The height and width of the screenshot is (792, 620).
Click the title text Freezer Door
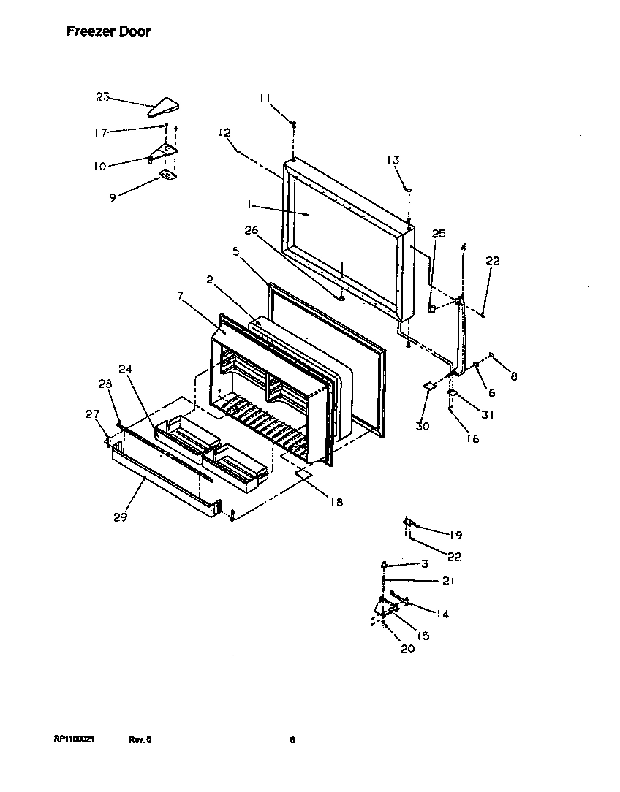(109, 31)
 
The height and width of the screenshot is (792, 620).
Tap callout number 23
(103, 96)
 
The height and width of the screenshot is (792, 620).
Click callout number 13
(393, 161)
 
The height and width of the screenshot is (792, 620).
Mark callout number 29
(121, 517)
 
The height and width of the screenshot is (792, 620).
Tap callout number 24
(125, 369)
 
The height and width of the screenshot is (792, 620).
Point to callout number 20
(407, 649)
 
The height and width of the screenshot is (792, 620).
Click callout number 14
(442, 614)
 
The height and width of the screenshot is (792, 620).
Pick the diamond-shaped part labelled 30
(430, 385)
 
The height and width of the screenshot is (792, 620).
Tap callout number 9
(112, 197)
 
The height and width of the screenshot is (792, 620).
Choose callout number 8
(514, 376)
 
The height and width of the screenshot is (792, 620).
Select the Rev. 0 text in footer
(140, 739)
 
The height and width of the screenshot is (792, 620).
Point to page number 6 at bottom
(292, 739)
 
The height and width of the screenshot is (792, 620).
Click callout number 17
(100, 132)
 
